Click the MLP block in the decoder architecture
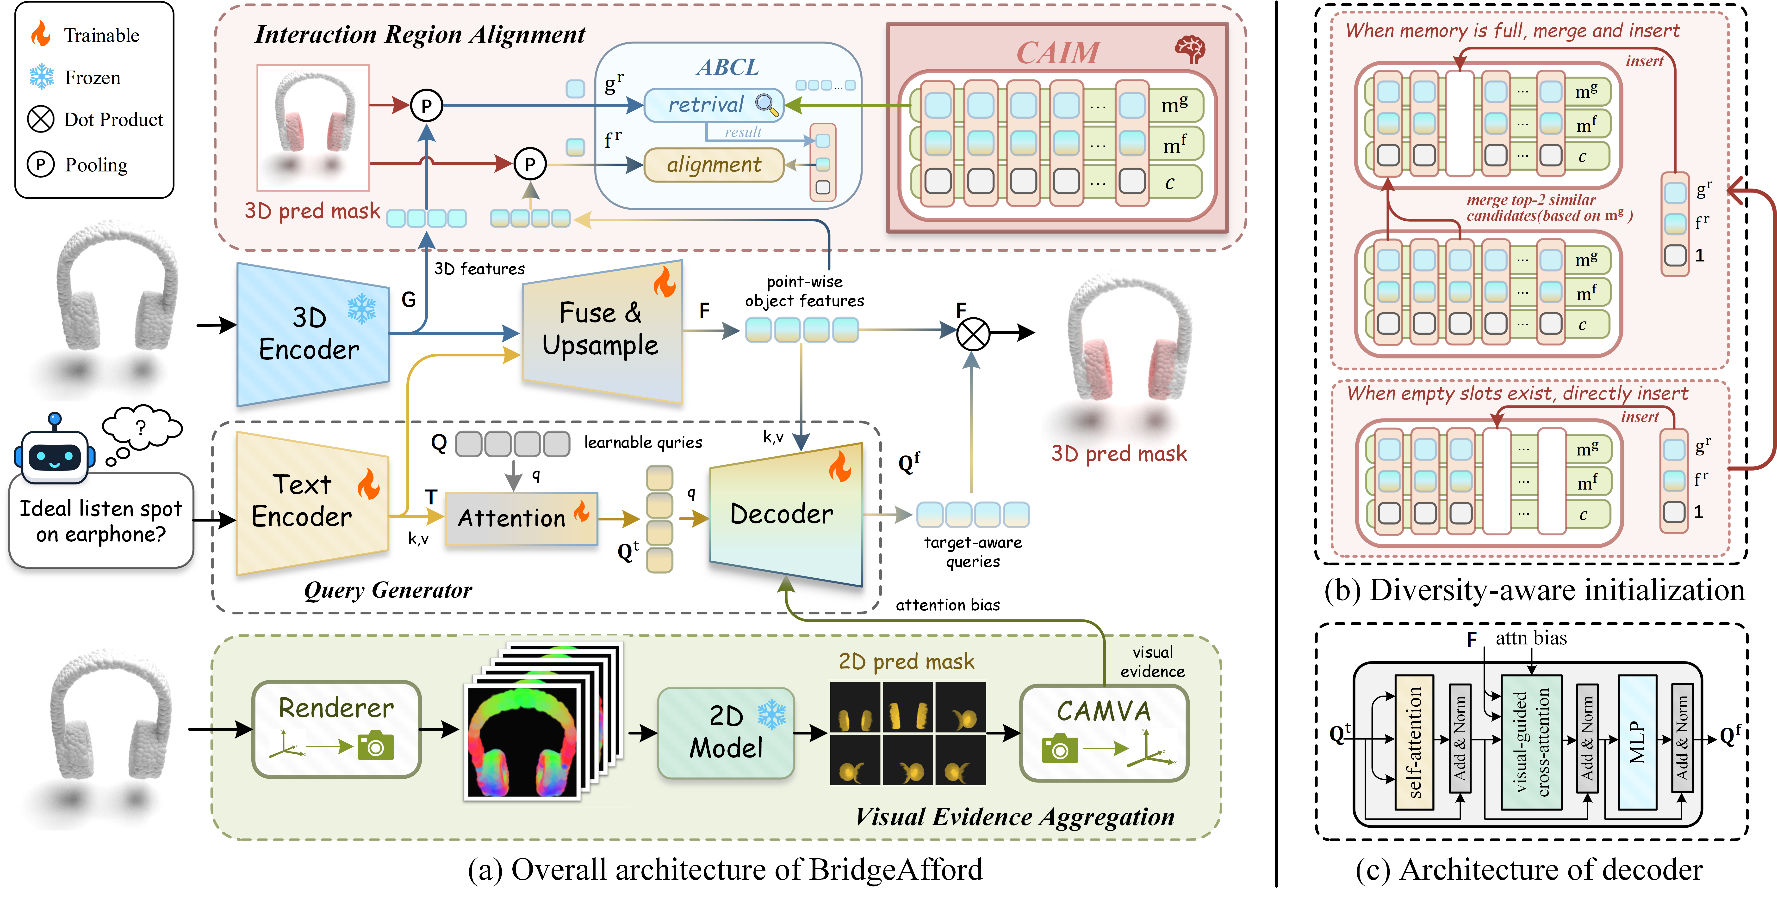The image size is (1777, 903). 1637,742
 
